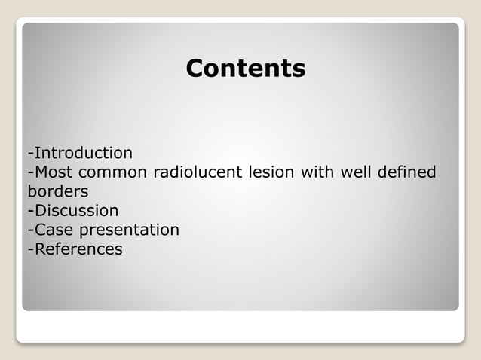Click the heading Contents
pyautogui.click(x=245, y=69)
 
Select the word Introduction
pyautogui.click(x=83, y=153)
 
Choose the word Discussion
pyautogui.click(x=75, y=211)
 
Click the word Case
pyautogui.click(x=53, y=230)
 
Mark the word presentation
pyautogui.click(x=129, y=230)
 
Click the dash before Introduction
pyautogui.click(x=30, y=154)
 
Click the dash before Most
pyautogui.click(x=30, y=173)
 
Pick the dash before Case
pyautogui.click(x=30, y=230)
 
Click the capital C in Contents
pyautogui.click(x=195, y=69)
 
